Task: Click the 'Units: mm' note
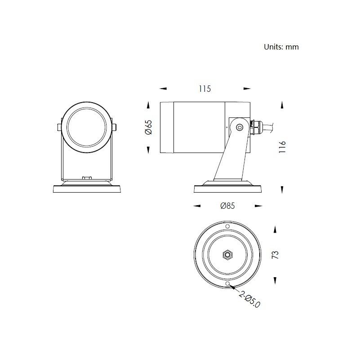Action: (x=281, y=47)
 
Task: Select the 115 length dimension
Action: (x=205, y=89)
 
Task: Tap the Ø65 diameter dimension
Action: (x=149, y=127)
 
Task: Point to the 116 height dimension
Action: (x=282, y=147)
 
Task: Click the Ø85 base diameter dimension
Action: (x=227, y=206)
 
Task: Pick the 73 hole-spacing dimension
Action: (x=275, y=255)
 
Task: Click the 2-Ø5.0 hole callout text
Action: (x=249, y=299)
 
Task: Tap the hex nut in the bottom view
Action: (x=227, y=255)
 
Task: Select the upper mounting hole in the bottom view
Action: (x=227, y=226)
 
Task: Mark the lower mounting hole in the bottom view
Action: (x=227, y=283)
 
